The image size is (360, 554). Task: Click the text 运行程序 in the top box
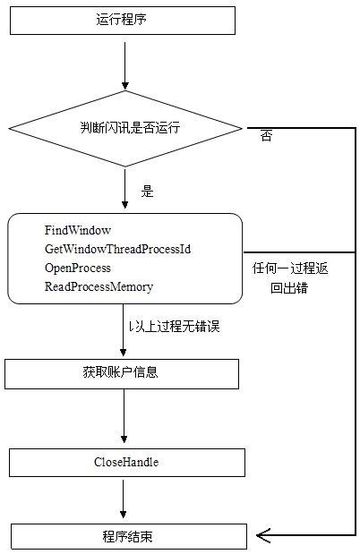tap(121, 19)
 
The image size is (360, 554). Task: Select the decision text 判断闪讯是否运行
tap(130, 127)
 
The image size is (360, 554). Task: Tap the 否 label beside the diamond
tap(266, 136)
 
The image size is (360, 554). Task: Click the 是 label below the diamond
tap(147, 192)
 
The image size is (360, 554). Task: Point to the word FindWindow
tap(77, 230)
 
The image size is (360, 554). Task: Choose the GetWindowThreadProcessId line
tap(117, 249)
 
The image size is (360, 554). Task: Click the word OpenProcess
tap(77, 268)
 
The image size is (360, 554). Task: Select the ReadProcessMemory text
tap(99, 286)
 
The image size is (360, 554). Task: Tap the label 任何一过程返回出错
tap(290, 278)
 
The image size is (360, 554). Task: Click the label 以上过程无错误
tap(174, 326)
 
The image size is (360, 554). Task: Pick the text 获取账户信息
tap(120, 372)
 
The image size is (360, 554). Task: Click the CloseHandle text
tap(126, 462)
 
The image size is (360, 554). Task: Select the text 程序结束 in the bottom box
tap(127, 536)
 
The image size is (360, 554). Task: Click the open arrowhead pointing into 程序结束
tap(263, 535)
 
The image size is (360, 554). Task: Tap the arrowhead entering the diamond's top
tap(124, 85)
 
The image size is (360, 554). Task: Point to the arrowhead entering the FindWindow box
tap(124, 204)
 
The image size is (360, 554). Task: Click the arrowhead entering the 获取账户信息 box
tap(123, 352)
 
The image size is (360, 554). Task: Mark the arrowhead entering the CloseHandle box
tap(124, 439)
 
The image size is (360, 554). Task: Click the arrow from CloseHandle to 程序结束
tap(123, 499)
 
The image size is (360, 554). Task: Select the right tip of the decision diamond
tap(243, 128)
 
